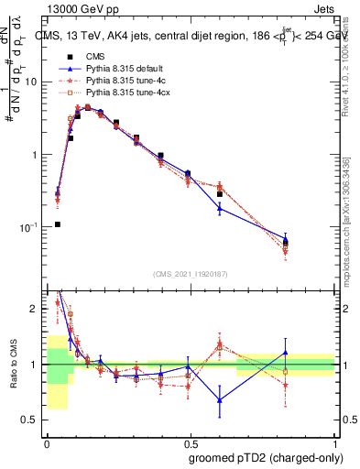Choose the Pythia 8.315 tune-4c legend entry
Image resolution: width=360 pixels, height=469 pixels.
115,81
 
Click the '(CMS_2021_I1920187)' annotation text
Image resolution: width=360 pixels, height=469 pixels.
191,273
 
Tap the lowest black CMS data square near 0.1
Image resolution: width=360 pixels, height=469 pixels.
57,224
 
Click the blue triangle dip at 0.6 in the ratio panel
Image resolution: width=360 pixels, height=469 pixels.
220,399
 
